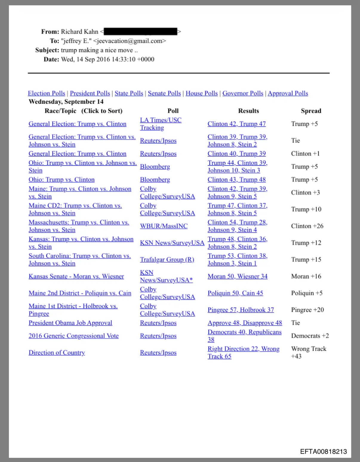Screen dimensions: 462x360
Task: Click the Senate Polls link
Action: [164, 93]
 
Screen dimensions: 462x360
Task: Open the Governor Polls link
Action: [243, 93]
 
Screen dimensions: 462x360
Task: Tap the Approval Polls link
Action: [288, 93]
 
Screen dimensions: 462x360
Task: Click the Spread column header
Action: [311, 111]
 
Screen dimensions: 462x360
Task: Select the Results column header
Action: [248, 111]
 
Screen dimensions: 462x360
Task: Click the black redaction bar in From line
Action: [140, 32]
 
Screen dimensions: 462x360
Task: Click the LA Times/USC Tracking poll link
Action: [161, 124]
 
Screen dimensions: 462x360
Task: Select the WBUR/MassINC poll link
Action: [164, 226]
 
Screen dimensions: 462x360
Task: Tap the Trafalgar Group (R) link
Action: [167, 259]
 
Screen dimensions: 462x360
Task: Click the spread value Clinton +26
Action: [307, 226]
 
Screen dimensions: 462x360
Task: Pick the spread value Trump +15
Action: [306, 259]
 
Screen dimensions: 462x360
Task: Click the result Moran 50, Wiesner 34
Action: [237, 276]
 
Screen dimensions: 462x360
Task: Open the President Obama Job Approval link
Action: [70, 323]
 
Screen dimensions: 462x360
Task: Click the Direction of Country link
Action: [57, 353]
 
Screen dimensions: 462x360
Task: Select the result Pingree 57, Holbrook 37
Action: [241, 310]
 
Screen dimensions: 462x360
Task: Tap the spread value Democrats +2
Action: [310, 336]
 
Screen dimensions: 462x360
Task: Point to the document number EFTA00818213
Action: [323, 452]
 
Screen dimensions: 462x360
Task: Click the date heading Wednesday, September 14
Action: [66, 102]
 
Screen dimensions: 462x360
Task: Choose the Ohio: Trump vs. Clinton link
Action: [61, 180]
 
